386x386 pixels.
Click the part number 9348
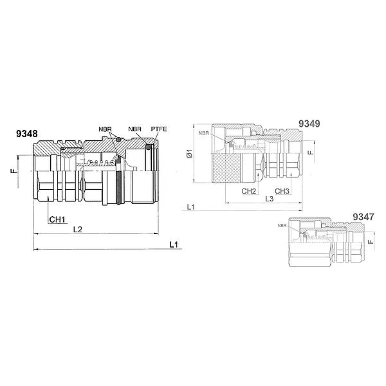27,134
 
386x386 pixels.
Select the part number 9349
309,124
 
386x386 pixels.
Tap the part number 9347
363,217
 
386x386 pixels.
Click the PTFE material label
159,129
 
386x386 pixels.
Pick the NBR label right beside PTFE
134,129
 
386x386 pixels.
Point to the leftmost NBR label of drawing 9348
105,129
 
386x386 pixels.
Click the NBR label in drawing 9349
203,133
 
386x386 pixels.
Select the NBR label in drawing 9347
282,226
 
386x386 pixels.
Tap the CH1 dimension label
57,219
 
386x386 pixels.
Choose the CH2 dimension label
248,191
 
